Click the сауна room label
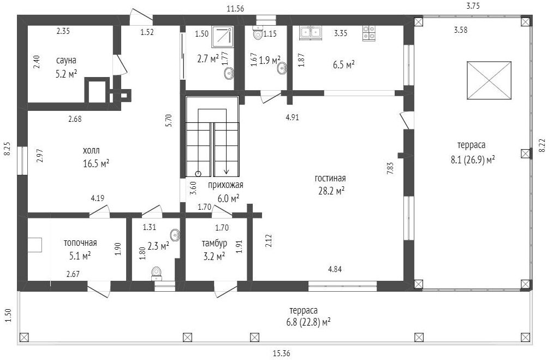point(66,60)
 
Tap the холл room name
point(91,151)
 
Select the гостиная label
point(330,178)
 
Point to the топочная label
point(80,243)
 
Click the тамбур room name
point(215,243)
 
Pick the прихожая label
point(225,185)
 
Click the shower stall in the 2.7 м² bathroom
point(223,37)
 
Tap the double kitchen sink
point(311,32)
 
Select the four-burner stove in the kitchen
point(369,32)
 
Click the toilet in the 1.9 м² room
point(258,33)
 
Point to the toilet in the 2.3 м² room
point(156,273)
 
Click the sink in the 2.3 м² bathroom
point(175,235)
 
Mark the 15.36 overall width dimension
point(282,353)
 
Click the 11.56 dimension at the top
point(235,9)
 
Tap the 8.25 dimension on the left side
point(7,149)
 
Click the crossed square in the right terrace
point(489,80)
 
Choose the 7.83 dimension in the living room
point(390,168)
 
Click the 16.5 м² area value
point(96,164)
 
